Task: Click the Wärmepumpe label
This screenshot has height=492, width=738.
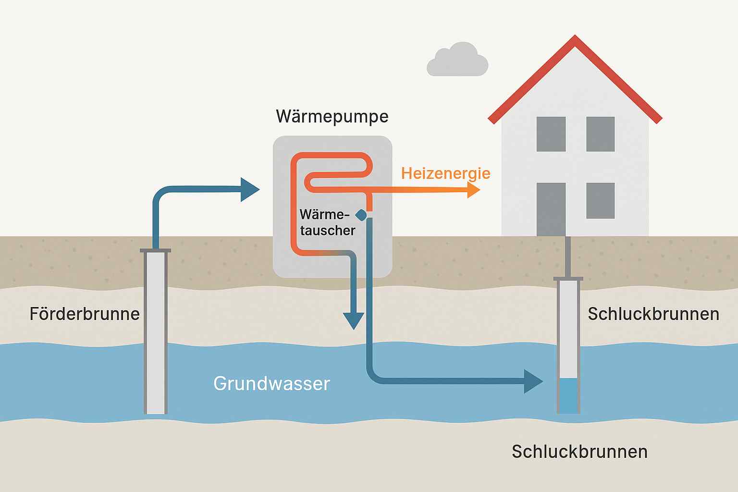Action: pos(332,117)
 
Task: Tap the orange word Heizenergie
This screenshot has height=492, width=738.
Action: pos(445,173)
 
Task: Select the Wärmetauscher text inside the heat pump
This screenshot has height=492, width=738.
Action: pos(327,222)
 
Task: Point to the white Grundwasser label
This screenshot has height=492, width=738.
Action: pos(271,383)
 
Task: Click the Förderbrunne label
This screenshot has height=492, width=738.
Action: pos(85,314)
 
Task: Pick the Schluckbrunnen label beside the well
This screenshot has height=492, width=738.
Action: pos(653,314)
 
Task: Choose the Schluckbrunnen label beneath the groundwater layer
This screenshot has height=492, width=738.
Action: pos(579,452)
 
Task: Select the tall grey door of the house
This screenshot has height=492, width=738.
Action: pos(551,209)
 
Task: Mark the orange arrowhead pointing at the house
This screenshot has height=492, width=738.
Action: pos(473,190)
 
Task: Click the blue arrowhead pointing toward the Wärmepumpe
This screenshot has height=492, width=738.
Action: pos(249,189)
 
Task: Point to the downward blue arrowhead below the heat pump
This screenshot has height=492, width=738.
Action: pos(354,320)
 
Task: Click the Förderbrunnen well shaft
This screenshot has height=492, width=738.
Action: pos(156,336)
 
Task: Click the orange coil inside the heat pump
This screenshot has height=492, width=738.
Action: pos(332,163)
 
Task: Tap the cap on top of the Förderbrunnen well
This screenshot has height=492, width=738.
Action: pos(155,250)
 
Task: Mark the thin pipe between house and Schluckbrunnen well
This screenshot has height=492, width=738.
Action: pos(568,257)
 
